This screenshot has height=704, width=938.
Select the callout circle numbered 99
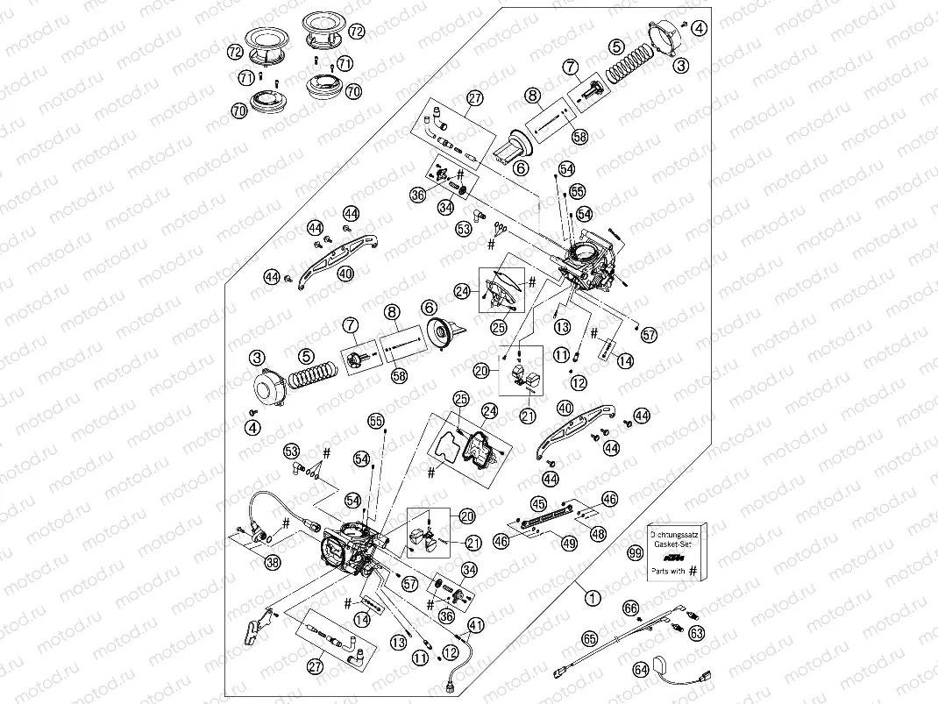635,552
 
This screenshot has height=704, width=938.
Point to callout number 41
475,625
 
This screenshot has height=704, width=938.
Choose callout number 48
598,533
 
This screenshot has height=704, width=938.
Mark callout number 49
570,544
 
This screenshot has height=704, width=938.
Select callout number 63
696,631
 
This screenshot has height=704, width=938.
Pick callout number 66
630,608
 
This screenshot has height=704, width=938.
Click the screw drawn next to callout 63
677,627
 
